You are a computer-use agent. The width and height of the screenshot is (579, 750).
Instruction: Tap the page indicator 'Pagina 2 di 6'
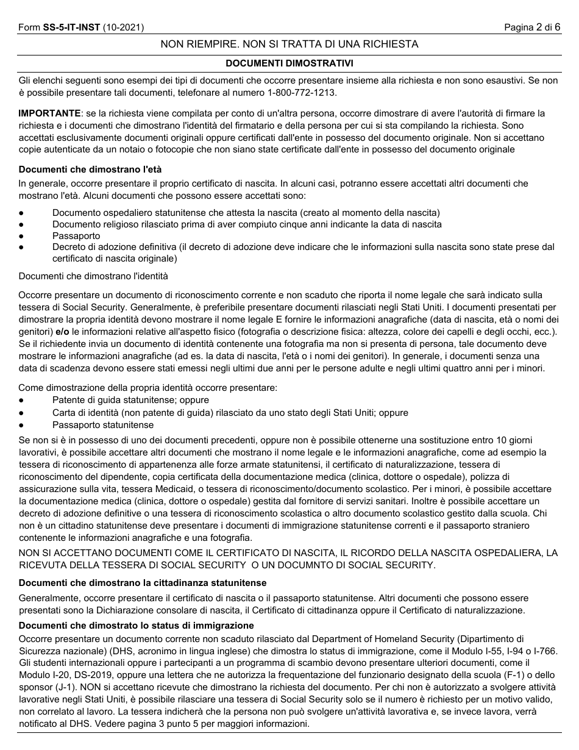(532, 27)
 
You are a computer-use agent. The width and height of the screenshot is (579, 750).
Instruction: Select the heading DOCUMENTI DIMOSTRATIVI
(289, 63)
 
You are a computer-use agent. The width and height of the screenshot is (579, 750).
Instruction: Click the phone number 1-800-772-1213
(301, 93)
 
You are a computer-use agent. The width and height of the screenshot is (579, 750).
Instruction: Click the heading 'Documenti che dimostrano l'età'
(90, 169)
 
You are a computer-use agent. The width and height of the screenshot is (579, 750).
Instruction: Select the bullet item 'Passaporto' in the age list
(76, 235)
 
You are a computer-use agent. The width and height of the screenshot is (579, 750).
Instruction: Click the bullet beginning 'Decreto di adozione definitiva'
(303, 247)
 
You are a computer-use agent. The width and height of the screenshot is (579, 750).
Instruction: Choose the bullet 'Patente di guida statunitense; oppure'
(130, 400)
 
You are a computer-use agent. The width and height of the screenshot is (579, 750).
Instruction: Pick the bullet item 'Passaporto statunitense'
(103, 424)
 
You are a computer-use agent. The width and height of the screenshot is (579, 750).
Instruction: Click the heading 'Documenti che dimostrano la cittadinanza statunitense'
(143, 583)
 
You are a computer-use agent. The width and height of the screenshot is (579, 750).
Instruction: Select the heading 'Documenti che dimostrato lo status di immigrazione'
(136, 626)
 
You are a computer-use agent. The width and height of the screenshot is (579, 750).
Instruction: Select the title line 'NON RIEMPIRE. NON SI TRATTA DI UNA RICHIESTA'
(289, 44)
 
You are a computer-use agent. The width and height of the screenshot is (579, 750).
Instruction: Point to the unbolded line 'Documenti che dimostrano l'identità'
(93, 276)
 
